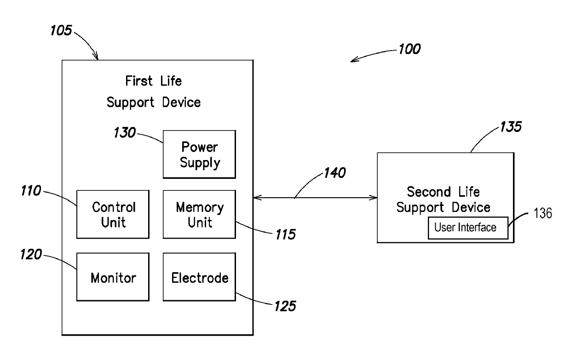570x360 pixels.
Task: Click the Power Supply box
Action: click(199, 154)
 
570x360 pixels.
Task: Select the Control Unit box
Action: click(113, 214)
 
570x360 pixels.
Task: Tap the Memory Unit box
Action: click(199, 214)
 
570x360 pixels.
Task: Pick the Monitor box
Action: click(113, 277)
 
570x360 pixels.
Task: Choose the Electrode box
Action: click(199, 277)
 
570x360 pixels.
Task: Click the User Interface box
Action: click(468, 228)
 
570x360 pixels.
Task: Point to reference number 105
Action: click(61, 30)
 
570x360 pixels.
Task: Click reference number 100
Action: click(409, 49)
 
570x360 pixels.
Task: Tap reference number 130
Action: click(125, 132)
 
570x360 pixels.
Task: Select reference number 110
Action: click(31, 190)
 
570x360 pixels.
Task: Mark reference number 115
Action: click(286, 234)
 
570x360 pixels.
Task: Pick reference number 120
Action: click(31, 254)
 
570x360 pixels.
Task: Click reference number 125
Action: click(285, 306)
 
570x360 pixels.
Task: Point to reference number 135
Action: click(511, 126)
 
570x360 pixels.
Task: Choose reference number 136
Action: click(543, 213)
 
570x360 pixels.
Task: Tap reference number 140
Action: click(335, 173)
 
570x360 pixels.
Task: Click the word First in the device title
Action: click(139, 81)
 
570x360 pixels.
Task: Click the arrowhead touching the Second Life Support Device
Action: click(374, 198)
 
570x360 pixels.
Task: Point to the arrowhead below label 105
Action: click(96, 56)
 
